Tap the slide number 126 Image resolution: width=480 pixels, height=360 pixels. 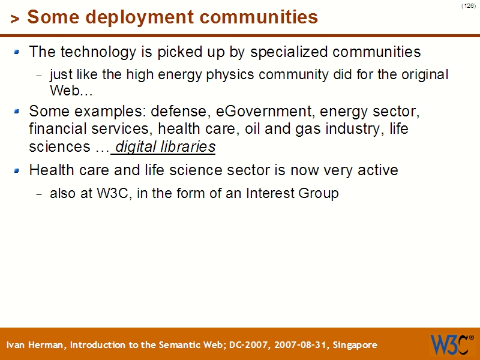tap(469, 5)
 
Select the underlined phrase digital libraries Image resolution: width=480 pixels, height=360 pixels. tap(165, 147)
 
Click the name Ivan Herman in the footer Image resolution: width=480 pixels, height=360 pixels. tap(37, 345)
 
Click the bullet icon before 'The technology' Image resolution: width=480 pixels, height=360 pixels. tap(17, 52)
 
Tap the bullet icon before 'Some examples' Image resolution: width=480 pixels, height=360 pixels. tap(17, 111)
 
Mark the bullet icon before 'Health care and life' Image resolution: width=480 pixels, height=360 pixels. tap(17, 170)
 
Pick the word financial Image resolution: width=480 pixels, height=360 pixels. tap(55, 129)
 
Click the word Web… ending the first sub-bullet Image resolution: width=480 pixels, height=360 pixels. tap(71, 92)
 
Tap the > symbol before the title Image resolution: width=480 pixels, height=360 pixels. tap(15, 19)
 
